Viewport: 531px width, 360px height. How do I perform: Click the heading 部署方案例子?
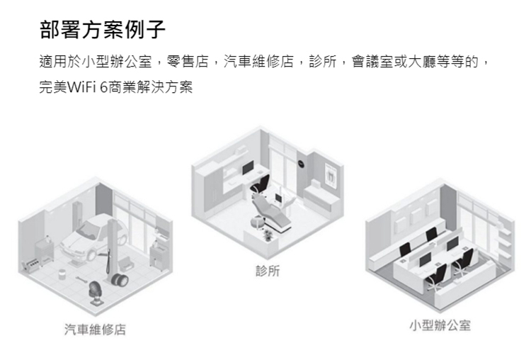102,30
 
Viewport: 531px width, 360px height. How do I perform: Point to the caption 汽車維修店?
95,330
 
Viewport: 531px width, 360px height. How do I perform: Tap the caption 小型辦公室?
440,325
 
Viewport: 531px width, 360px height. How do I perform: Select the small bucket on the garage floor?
63,271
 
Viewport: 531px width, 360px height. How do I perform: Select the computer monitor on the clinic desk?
247,169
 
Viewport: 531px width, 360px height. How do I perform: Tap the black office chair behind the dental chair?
258,186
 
